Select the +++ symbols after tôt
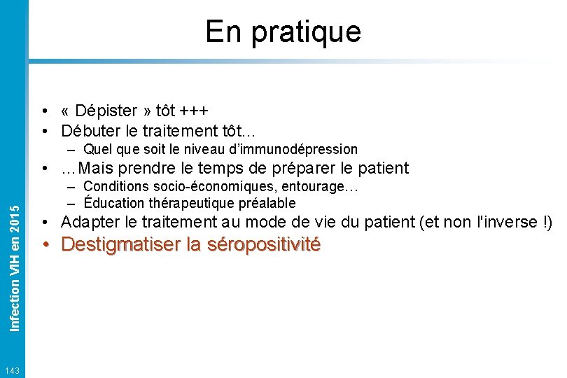(193, 111)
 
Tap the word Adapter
(91, 223)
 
